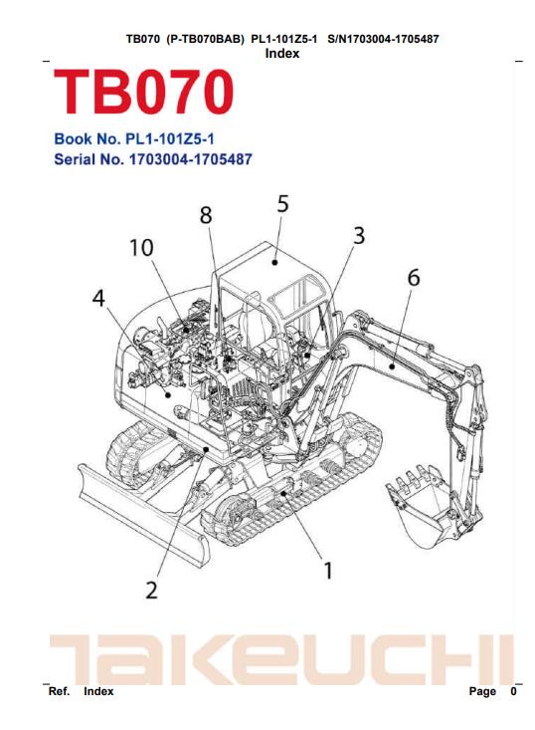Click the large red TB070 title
pyautogui.click(x=143, y=92)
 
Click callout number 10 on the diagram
pyautogui.click(x=141, y=248)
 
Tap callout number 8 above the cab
pyautogui.click(x=206, y=215)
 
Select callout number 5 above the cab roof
pyautogui.click(x=283, y=204)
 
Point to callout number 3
pyautogui.click(x=359, y=236)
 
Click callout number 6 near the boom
pyautogui.click(x=414, y=278)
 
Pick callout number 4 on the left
pyautogui.click(x=98, y=298)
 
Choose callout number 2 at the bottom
pyautogui.click(x=152, y=591)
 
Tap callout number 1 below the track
pyautogui.click(x=328, y=571)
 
